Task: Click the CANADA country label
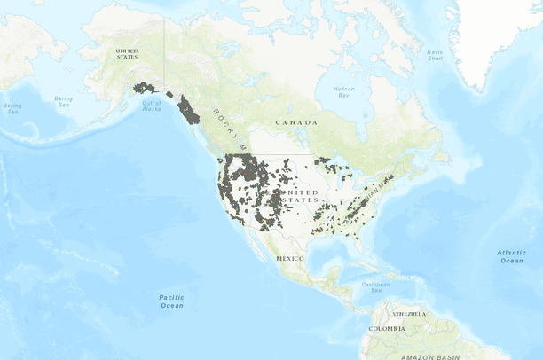[296, 121]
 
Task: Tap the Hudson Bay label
[343, 91]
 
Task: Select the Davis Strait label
[434, 55]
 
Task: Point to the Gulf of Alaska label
[152, 106]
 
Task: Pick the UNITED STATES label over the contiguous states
[299, 196]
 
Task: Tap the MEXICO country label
[289, 257]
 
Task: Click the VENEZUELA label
[409, 314]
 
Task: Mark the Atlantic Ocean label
[511, 256]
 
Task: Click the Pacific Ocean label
[171, 301]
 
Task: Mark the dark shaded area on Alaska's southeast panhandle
[189, 110]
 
